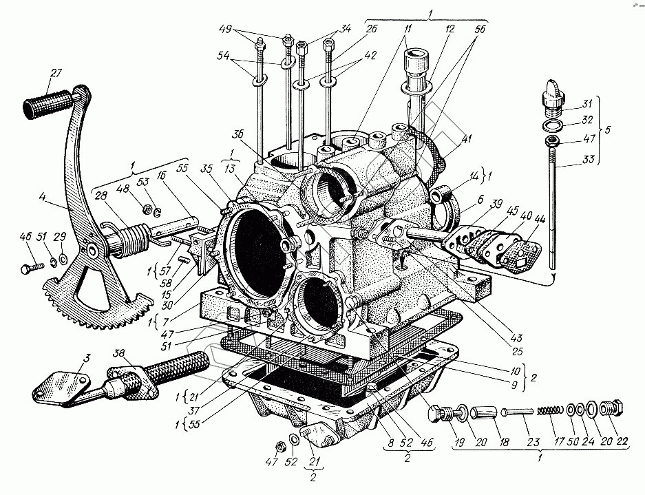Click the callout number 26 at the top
pos(372,29)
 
